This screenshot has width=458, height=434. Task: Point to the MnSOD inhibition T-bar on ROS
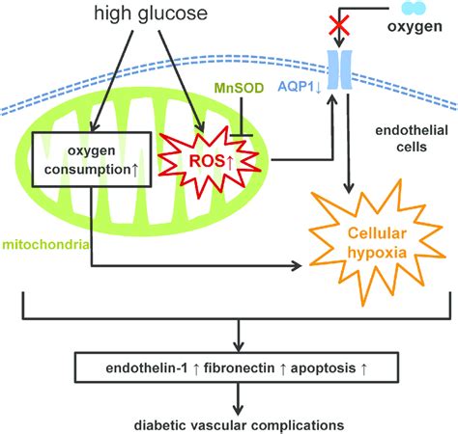click(x=249, y=123)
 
